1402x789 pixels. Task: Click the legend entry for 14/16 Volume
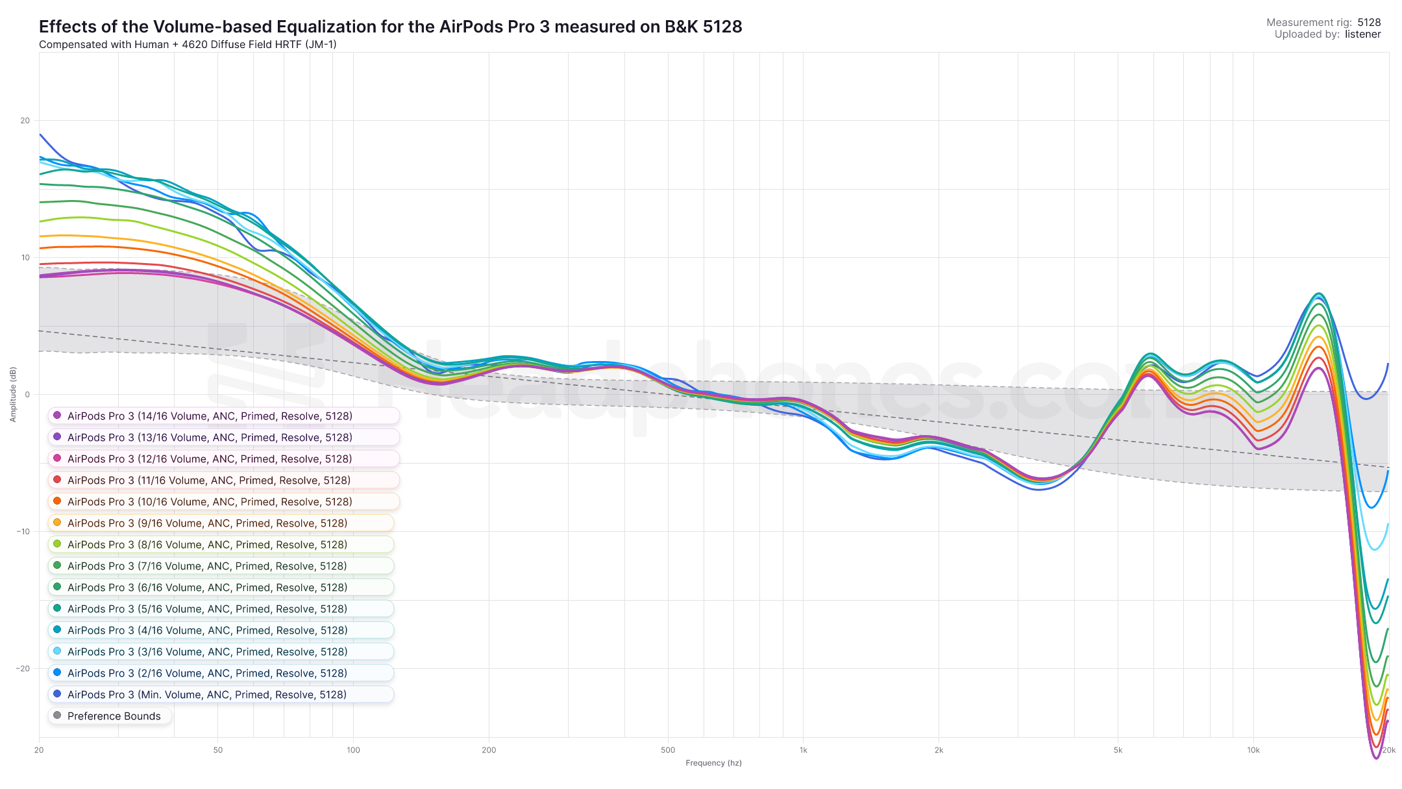coord(210,416)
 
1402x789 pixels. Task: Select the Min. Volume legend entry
coord(206,695)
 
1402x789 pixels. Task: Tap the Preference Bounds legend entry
coord(114,716)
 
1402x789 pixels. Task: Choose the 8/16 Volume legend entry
coord(207,545)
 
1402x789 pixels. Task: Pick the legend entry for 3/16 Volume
coord(207,652)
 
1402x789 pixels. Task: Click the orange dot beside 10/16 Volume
coord(57,501)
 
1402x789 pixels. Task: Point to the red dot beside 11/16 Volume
coord(57,480)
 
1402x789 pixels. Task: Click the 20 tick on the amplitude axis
coord(25,121)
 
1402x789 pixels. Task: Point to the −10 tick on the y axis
coord(23,532)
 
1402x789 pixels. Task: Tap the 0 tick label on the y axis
coord(27,395)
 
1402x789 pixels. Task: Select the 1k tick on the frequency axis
coord(804,751)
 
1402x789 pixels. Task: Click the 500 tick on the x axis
coord(668,751)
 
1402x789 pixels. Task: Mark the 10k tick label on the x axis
coord(1253,751)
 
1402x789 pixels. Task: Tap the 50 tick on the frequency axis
coord(218,751)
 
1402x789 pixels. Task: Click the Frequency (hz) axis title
coord(713,763)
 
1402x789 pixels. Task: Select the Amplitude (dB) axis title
coord(13,394)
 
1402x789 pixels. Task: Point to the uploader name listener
coord(1362,34)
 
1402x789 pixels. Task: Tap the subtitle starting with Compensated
coord(188,45)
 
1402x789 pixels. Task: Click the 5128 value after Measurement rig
coord(1369,23)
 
